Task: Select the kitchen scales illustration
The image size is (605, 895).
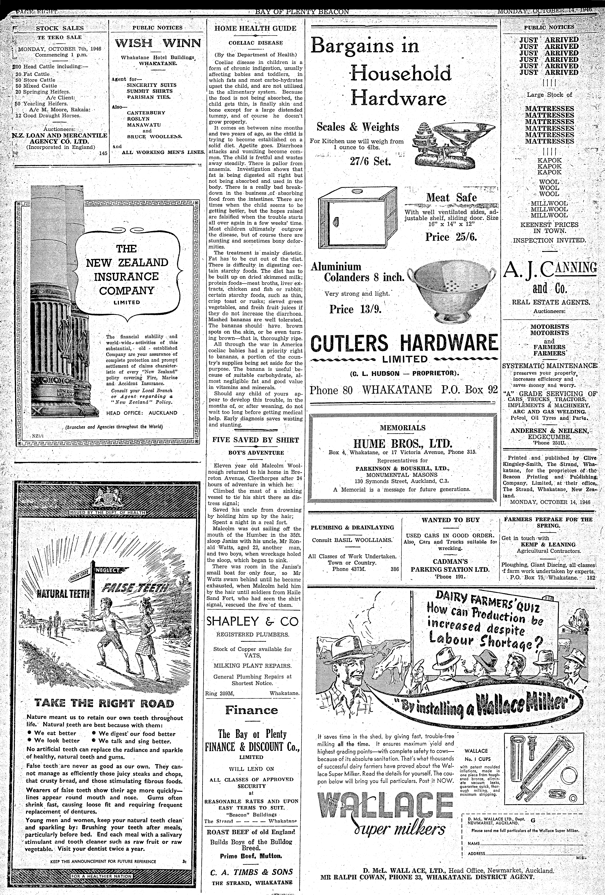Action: [453, 144]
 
